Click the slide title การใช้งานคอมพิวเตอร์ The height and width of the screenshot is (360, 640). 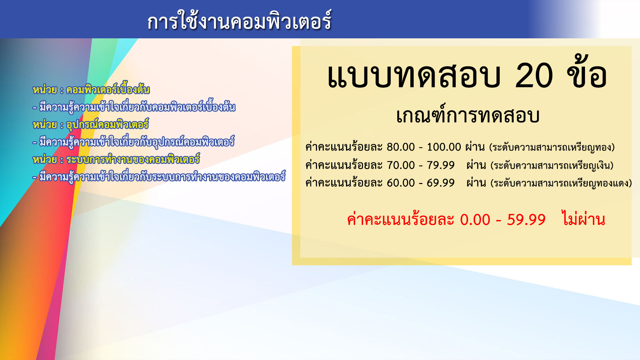(239, 21)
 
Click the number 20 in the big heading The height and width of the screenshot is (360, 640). (534, 76)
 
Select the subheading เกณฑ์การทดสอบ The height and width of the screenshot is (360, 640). (468, 115)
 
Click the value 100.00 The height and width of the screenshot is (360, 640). (444, 147)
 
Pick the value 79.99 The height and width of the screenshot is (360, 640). (441, 165)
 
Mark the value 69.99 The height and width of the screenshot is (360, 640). (441, 183)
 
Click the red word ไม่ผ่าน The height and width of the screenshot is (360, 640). (583, 219)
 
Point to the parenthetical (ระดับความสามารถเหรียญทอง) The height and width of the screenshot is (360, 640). (552, 147)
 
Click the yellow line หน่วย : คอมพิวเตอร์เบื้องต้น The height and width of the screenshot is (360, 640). (91, 90)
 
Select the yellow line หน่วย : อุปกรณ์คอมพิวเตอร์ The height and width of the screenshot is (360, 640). (90, 125)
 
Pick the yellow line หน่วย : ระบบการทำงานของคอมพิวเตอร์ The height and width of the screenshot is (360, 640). (116, 159)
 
